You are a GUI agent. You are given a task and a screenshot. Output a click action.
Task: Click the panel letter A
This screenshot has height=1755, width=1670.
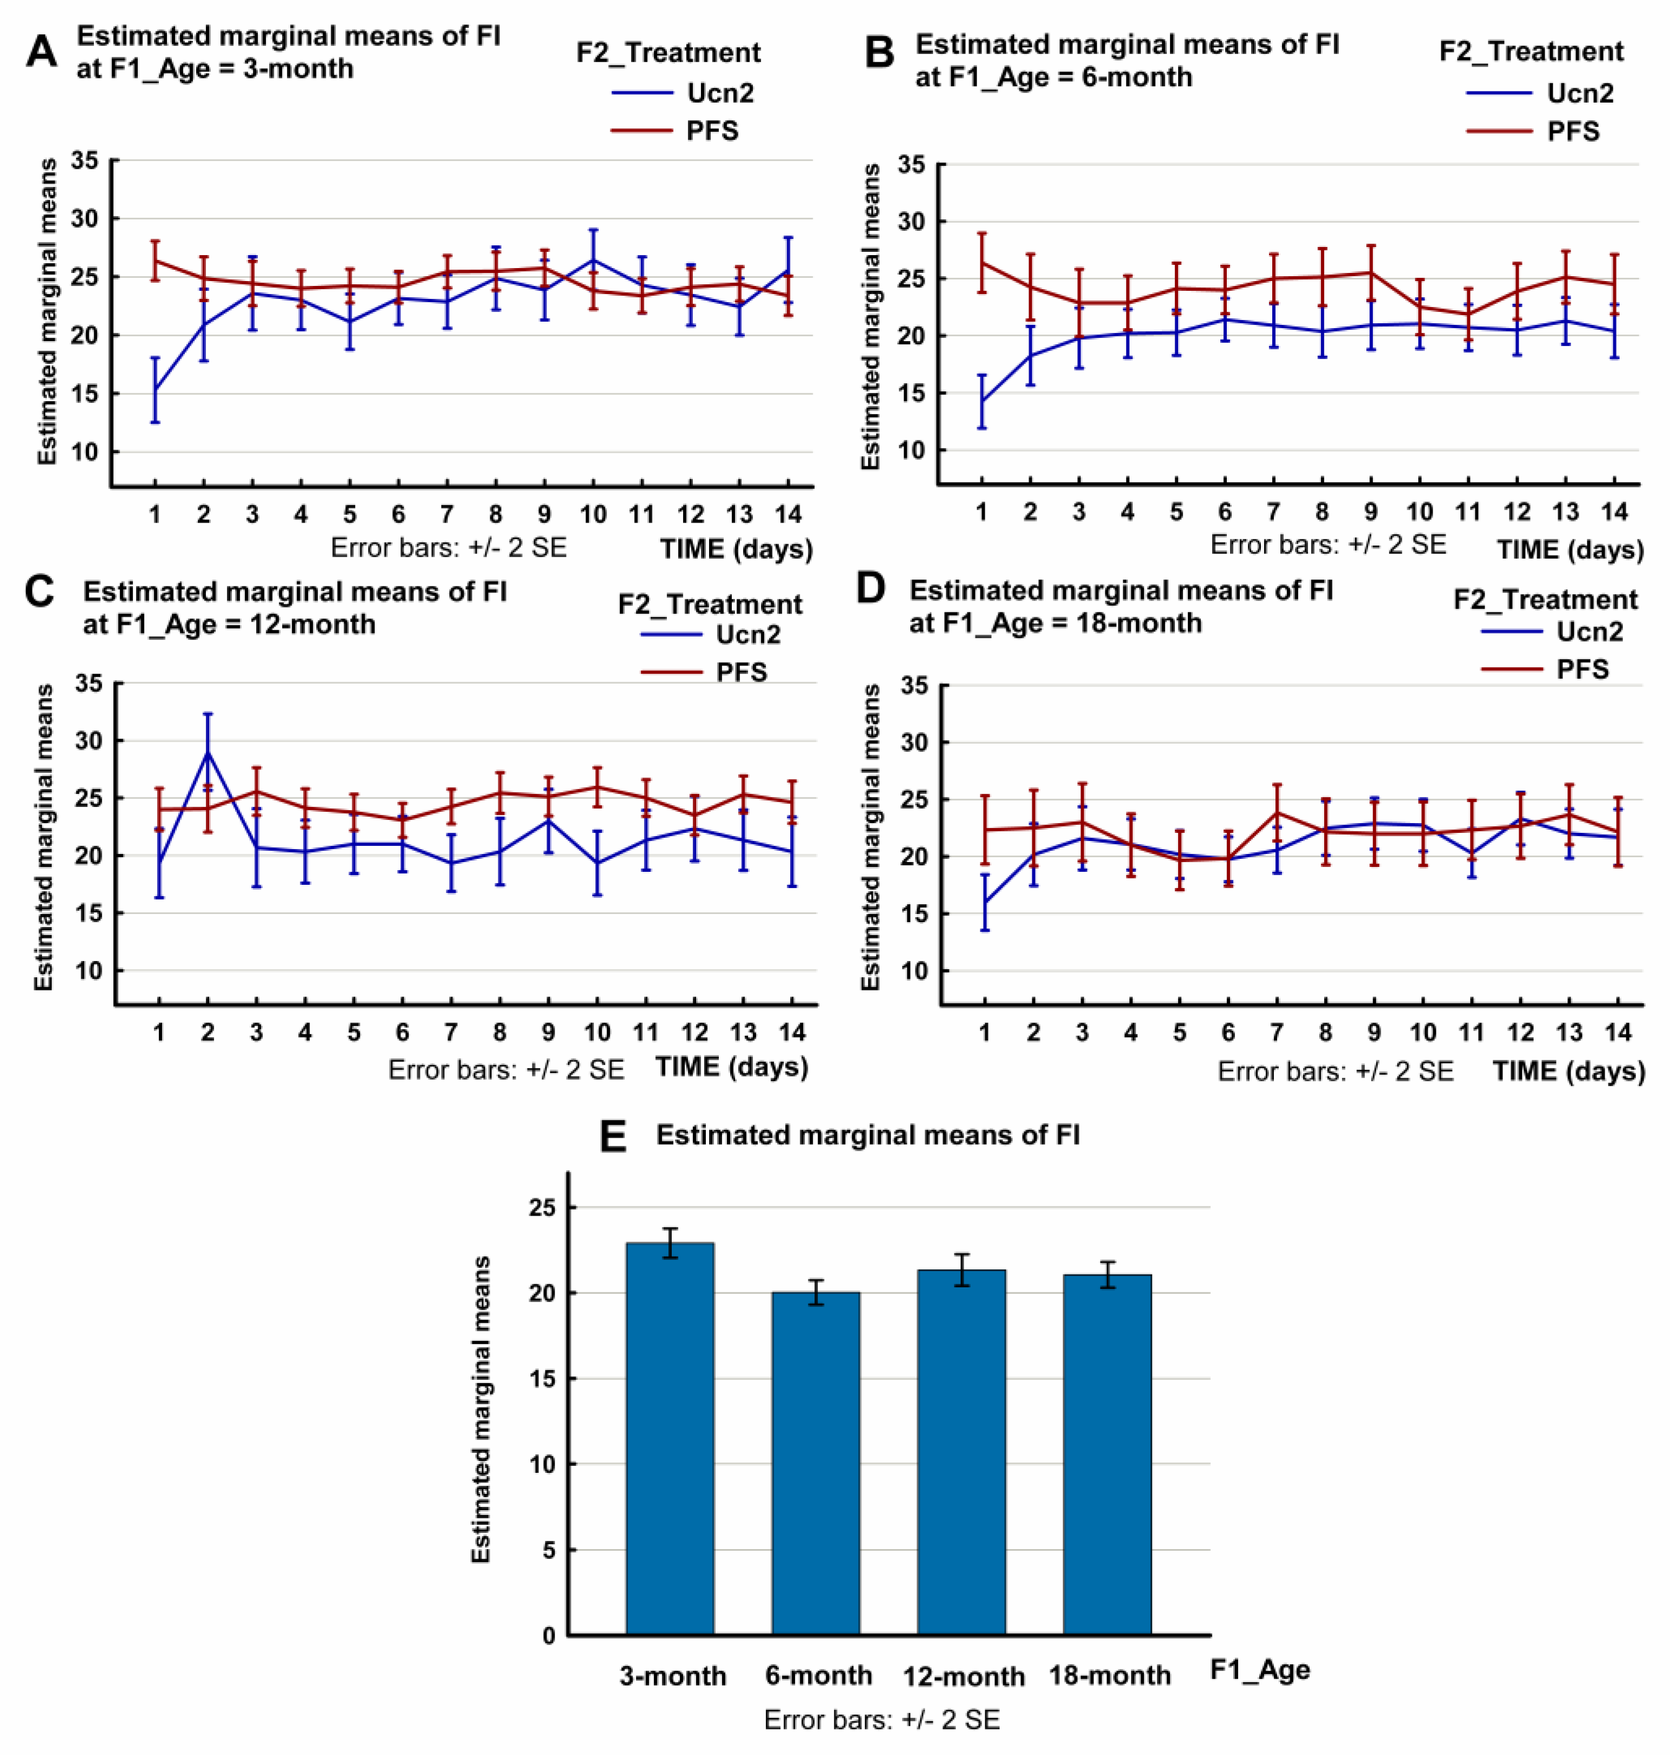pyautogui.click(x=41, y=52)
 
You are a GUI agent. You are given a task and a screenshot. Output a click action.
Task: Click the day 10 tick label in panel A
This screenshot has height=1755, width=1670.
pyautogui.click(x=593, y=514)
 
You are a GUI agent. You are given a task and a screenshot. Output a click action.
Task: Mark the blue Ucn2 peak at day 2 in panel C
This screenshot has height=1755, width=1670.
pyautogui.click(x=208, y=752)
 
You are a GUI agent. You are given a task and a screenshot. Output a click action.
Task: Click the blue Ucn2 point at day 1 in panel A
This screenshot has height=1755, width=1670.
pyautogui.click(x=155, y=389)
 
